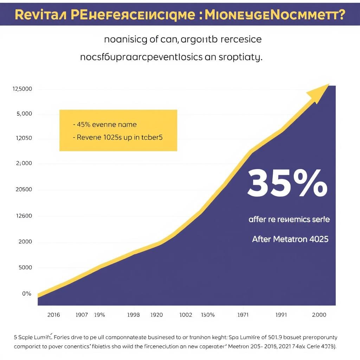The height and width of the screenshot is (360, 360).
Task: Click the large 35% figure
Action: point(287,183)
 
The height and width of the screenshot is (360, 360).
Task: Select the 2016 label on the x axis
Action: point(54,315)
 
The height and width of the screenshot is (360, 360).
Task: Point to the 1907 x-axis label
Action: point(82,315)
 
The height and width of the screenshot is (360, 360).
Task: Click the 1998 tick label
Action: point(133,315)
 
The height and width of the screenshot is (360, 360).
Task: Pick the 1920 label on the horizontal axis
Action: point(156,315)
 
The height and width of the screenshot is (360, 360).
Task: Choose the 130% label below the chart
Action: point(207,315)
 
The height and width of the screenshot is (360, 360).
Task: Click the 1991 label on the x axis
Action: point(281,315)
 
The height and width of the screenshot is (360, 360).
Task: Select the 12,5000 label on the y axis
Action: point(22,89)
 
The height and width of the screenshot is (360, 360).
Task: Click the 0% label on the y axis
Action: point(27,294)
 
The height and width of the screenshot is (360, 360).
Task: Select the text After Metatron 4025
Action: point(290,239)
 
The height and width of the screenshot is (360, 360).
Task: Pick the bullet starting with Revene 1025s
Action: point(117,138)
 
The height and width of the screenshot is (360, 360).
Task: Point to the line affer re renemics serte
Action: point(289,219)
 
